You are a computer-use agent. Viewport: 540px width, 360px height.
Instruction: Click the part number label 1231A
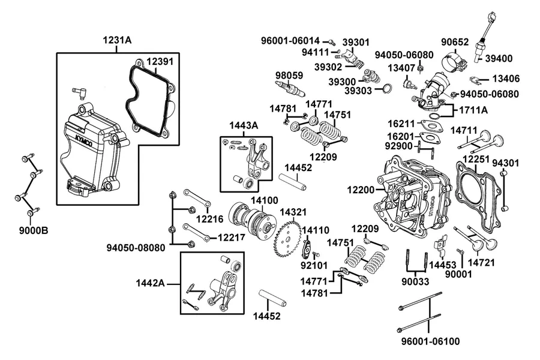[x=117, y=40]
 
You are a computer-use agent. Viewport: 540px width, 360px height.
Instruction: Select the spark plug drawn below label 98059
[x=290, y=88]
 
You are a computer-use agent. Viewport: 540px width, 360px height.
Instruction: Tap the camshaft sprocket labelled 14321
[x=287, y=237]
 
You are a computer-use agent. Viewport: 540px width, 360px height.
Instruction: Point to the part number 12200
[x=361, y=190]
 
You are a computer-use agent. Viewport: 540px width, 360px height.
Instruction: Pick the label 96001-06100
[x=430, y=341]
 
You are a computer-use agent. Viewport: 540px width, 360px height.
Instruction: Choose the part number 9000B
[x=34, y=230]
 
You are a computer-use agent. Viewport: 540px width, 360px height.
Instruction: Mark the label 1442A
[x=150, y=283]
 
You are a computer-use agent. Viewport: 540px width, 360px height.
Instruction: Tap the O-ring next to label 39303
[x=387, y=88]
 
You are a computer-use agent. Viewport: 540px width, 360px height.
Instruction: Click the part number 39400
[x=499, y=59]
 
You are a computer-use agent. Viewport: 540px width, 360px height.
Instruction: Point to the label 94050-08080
[x=136, y=247]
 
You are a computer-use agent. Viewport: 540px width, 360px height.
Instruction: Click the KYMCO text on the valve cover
[x=83, y=137]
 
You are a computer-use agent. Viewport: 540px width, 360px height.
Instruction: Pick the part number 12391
[x=160, y=62]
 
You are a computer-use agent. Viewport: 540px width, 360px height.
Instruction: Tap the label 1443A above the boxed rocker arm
[x=244, y=125]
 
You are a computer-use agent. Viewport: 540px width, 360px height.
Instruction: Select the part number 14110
[x=316, y=230]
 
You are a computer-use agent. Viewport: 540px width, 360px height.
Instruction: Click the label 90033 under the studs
[x=415, y=281]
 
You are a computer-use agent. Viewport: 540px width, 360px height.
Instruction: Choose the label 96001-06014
[x=290, y=41]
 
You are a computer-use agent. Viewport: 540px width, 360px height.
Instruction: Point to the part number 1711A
[x=473, y=110]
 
